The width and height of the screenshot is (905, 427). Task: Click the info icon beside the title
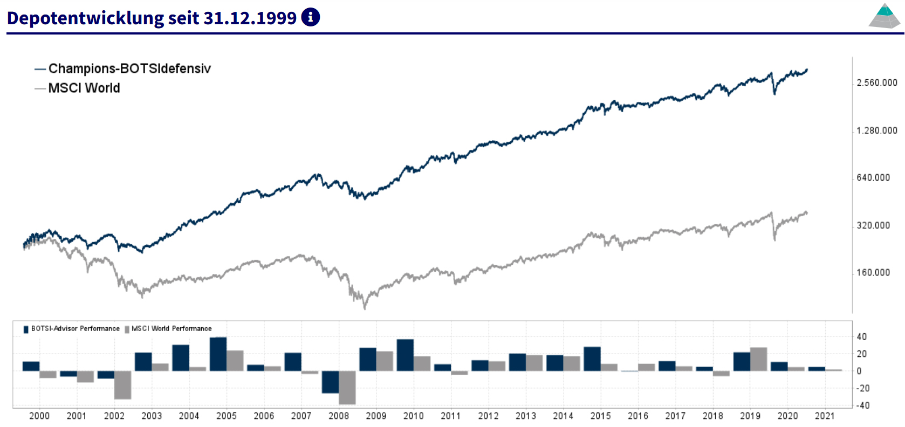[x=310, y=17]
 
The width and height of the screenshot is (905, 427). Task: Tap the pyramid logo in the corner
[x=885, y=16]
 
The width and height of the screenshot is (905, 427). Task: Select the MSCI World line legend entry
[x=84, y=88]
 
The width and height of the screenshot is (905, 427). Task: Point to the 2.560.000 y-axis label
[x=877, y=83]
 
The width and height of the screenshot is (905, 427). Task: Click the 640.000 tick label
[x=873, y=178]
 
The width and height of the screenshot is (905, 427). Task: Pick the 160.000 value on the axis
[x=873, y=273]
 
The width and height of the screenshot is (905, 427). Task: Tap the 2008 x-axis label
[x=339, y=416]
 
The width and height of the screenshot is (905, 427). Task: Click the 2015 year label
[x=600, y=416]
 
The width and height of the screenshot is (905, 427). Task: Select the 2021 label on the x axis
[x=825, y=416]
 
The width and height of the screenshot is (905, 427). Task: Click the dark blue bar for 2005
[x=218, y=354]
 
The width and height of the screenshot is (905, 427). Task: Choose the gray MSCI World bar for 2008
[x=347, y=387]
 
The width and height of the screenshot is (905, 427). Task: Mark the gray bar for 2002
[x=123, y=385]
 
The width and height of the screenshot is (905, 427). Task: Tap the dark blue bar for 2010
[x=405, y=355]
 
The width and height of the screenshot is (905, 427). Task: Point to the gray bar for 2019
[x=758, y=360]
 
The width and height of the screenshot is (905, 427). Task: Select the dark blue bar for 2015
[x=592, y=359]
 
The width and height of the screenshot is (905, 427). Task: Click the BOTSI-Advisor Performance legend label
[x=75, y=328]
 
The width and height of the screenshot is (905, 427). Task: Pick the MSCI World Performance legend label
[x=172, y=328]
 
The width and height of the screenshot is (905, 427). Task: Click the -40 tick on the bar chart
[x=863, y=405]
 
